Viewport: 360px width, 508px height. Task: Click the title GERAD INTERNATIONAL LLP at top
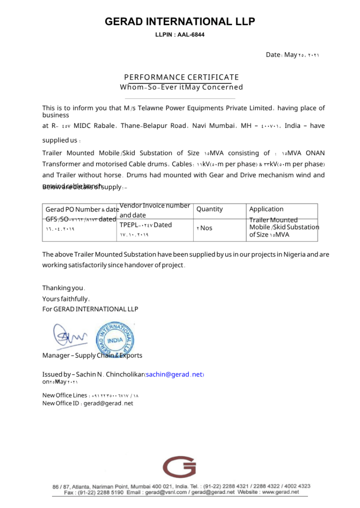pos(180,22)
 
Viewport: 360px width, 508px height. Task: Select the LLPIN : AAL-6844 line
pos(180,35)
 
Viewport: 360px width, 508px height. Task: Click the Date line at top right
pos(292,55)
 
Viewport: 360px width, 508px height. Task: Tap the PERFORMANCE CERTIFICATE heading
pos(181,77)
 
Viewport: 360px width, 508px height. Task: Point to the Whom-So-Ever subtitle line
pos(181,87)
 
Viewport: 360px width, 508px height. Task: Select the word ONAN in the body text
pos(315,153)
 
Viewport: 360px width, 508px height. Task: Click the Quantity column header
pos(210,209)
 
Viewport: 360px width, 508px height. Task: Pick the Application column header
pos(266,209)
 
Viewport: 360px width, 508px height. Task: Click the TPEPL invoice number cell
pos(146,225)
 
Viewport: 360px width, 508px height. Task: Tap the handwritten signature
pos(69,336)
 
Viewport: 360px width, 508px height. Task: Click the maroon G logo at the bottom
pos(179,467)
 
